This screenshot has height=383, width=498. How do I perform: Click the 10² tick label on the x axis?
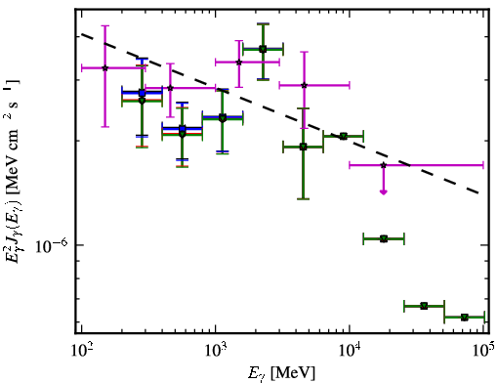(83, 351)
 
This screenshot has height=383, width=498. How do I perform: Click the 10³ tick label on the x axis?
(217, 351)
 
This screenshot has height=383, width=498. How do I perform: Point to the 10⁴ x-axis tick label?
(351, 351)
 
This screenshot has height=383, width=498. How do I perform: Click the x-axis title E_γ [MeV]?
(281, 373)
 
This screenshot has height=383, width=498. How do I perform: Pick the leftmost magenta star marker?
(104, 68)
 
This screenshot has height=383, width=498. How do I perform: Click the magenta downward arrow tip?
(384, 193)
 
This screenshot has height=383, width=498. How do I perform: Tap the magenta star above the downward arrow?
(384, 165)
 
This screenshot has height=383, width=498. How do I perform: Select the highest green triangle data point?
(263, 49)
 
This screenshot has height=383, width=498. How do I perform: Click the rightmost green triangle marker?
(465, 317)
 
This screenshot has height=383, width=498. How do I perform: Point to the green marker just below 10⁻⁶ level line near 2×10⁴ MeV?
(384, 239)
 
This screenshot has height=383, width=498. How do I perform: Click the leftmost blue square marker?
(142, 93)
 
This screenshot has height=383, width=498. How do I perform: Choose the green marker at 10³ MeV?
(223, 118)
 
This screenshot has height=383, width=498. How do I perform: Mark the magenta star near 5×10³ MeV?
(304, 85)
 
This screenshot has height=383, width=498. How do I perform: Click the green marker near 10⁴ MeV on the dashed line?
(343, 136)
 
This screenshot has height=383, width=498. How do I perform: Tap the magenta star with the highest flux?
(239, 62)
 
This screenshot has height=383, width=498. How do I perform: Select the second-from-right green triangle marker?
(424, 306)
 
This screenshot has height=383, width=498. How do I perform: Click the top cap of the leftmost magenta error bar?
(104, 25)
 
